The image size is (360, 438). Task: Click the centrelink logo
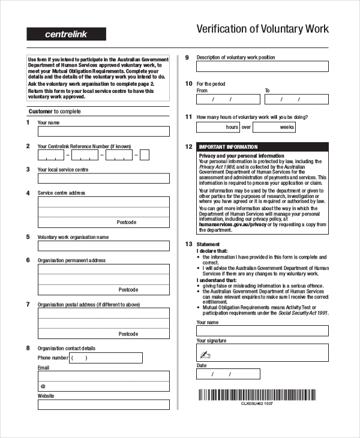tap(66, 34)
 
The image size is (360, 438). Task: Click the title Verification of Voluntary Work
tap(263, 29)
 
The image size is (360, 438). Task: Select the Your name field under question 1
tap(104, 131)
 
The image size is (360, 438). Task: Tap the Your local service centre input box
tap(104, 178)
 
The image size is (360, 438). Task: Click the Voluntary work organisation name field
tap(104, 246)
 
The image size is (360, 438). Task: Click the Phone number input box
tap(106, 358)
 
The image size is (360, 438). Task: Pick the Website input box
tap(104, 405)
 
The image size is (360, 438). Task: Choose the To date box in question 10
tap(296, 100)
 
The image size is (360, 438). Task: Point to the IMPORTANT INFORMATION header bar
tap(262, 147)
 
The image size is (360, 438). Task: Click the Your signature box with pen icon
tap(262, 354)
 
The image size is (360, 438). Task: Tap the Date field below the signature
tap(228, 374)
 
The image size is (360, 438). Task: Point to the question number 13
tap(188, 244)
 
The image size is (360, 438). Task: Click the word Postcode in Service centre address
tap(127, 222)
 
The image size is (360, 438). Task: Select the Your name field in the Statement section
tap(262, 331)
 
